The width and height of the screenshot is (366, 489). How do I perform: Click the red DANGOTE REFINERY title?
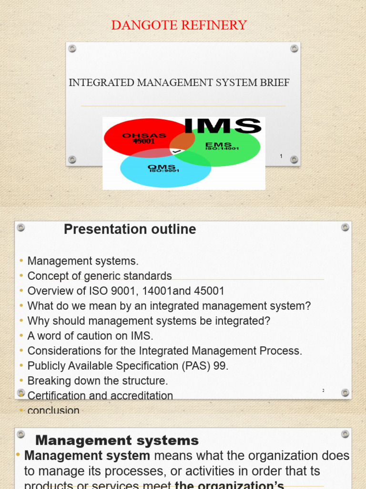tap(179, 25)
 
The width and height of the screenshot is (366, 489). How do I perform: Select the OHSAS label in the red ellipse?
tap(144, 136)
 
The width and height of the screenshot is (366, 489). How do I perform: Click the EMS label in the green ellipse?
tap(218, 144)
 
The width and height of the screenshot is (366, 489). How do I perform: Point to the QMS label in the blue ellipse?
tap(162, 167)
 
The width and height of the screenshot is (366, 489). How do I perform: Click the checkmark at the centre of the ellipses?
tap(177, 151)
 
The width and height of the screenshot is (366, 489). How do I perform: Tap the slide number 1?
tap(281, 156)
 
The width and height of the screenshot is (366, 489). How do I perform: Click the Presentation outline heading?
tap(130, 229)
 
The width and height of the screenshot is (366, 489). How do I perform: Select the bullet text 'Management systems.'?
tap(83, 261)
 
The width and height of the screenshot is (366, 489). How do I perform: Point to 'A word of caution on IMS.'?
tap(91, 336)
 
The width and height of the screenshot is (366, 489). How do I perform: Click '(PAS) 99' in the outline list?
tap(204, 366)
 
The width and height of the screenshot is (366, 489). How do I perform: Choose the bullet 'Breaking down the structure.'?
tap(98, 381)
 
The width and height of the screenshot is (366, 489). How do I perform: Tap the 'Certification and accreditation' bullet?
tap(100, 395)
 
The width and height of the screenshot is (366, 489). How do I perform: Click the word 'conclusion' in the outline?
tap(53, 410)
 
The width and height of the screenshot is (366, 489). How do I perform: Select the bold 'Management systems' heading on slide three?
tap(117, 440)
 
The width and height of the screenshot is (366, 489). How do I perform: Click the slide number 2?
tap(323, 391)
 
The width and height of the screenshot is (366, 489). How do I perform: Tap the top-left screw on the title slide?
tap(72, 48)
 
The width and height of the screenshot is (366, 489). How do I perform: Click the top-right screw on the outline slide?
tap(345, 228)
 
